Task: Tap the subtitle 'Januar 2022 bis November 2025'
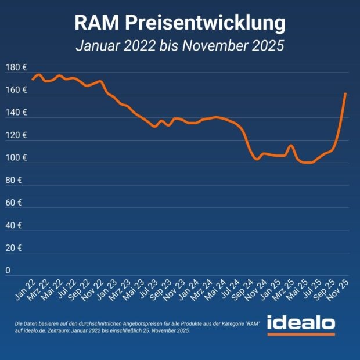[180, 46]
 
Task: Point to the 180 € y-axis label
[16, 68]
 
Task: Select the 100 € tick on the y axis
[16, 158]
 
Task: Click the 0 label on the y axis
[8, 271]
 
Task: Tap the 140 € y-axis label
[16, 113]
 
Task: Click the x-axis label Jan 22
[24, 287]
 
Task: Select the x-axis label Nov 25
[339, 287]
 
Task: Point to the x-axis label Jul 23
[147, 287]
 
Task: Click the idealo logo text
[301, 322]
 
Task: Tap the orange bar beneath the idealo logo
[301, 334]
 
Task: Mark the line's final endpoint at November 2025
[345, 93]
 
